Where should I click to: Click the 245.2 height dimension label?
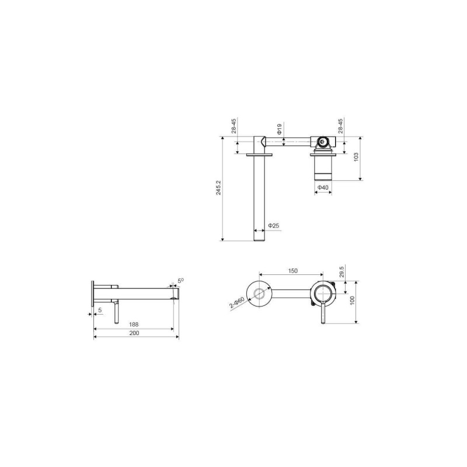pos(218,187)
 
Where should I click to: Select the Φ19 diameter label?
pos(280,129)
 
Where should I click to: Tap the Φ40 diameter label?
pos(323,187)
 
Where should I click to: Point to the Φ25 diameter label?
pos(274,225)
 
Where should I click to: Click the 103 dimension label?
pos(356,157)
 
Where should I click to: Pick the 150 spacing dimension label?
pos(293,271)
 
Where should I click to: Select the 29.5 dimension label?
pos(341,272)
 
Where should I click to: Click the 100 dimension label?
pos(353,300)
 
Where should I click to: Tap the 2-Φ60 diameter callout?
pos(237,302)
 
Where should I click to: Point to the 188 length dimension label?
pos(134,325)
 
